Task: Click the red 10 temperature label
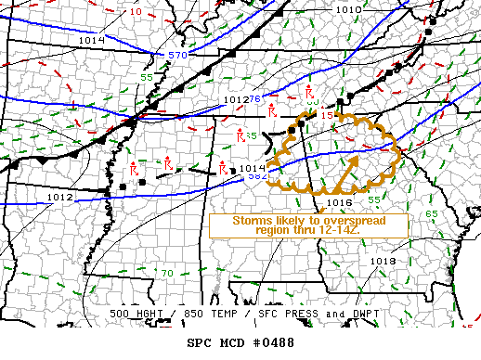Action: click(136, 12)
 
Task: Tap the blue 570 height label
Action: click(176, 56)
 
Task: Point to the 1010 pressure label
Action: click(348, 10)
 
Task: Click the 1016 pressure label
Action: click(338, 201)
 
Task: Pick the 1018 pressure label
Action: click(383, 261)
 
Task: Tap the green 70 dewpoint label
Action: click(167, 273)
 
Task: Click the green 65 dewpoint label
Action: click(431, 214)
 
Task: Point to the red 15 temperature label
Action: click(326, 115)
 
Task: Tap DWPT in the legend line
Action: click(358, 314)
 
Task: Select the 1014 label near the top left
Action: click(92, 41)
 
